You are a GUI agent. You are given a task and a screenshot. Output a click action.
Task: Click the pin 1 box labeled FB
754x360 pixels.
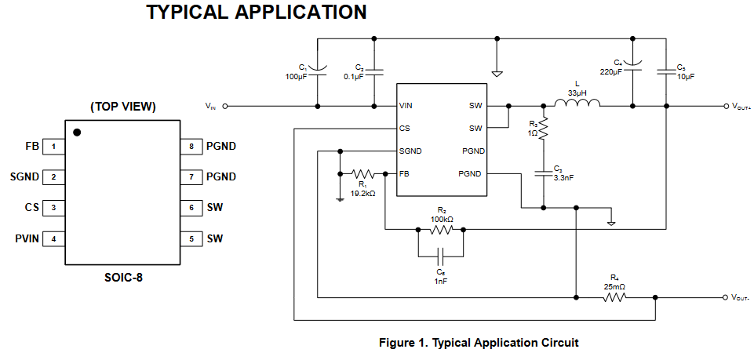[x=53, y=146]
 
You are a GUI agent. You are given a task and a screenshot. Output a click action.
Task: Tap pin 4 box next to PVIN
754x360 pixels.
[x=53, y=238]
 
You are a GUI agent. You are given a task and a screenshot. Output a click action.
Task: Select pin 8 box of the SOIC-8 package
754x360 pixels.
[x=191, y=146]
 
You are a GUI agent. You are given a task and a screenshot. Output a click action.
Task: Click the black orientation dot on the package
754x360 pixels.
[x=77, y=133]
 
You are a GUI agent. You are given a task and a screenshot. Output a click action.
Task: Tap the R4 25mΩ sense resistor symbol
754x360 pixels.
[x=614, y=297]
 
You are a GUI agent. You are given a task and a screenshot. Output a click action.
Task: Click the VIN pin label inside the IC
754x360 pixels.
[x=406, y=105]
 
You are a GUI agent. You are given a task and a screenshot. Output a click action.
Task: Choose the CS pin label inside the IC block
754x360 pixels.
[x=403, y=128]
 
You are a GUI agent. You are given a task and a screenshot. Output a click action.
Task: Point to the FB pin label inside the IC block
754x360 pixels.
[x=403, y=173]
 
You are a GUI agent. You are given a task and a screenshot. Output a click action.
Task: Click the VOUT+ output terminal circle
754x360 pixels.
[x=725, y=106]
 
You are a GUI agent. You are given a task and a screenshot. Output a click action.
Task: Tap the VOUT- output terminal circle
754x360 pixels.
[x=725, y=297]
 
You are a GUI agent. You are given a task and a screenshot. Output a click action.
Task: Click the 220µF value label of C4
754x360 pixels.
[x=610, y=71]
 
